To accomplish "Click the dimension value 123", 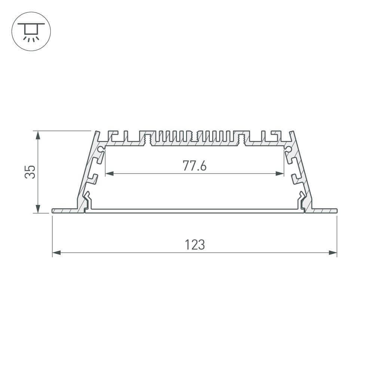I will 194,245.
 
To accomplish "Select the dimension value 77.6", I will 194,166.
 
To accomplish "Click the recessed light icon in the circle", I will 31,31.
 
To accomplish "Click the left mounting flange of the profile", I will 65,211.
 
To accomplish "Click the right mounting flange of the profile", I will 324,211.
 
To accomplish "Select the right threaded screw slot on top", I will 241,139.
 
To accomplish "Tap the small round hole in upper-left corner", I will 101,149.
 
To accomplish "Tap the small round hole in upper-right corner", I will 288,149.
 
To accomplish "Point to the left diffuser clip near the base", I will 87,200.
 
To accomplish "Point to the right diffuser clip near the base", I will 301,200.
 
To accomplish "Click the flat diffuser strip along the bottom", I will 194,211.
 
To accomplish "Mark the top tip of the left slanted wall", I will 97,132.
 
